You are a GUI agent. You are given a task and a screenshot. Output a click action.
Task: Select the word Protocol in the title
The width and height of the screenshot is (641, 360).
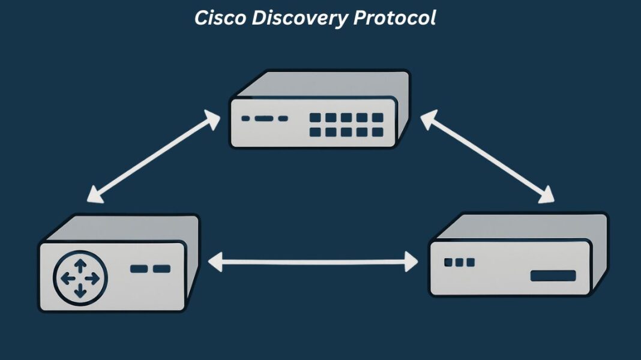click(x=394, y=18)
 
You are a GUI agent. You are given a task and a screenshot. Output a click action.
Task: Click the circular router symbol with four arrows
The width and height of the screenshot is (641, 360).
click(x=80, y=278)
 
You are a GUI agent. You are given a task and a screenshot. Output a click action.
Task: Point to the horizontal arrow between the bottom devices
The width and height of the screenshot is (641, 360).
click(x=312, y=262)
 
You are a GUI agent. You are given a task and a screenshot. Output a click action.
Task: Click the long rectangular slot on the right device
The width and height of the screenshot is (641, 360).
click(x=553, y=276)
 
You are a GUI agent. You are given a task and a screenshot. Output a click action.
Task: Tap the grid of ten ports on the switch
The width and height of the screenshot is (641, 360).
click(x=346, y=124)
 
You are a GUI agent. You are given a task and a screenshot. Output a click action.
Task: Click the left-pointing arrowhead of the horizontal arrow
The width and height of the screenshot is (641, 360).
click(x=214, y=262)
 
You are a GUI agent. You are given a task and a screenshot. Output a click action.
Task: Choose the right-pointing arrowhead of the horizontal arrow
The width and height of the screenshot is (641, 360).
click(x=411, y=262)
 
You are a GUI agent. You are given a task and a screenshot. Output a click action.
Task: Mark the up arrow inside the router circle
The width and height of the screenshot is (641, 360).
click(x=80, y=265)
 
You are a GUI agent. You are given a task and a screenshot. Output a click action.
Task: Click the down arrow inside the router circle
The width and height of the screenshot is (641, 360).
click(x=80, y=292)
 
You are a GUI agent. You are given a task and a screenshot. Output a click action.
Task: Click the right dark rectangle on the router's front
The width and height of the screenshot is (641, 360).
click(x=161, y=268)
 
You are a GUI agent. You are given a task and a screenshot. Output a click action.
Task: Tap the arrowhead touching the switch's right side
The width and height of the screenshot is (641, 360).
click(x=427, y=119)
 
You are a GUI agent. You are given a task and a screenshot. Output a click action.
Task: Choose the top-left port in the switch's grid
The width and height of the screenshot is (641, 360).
click(x=315, y=117)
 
